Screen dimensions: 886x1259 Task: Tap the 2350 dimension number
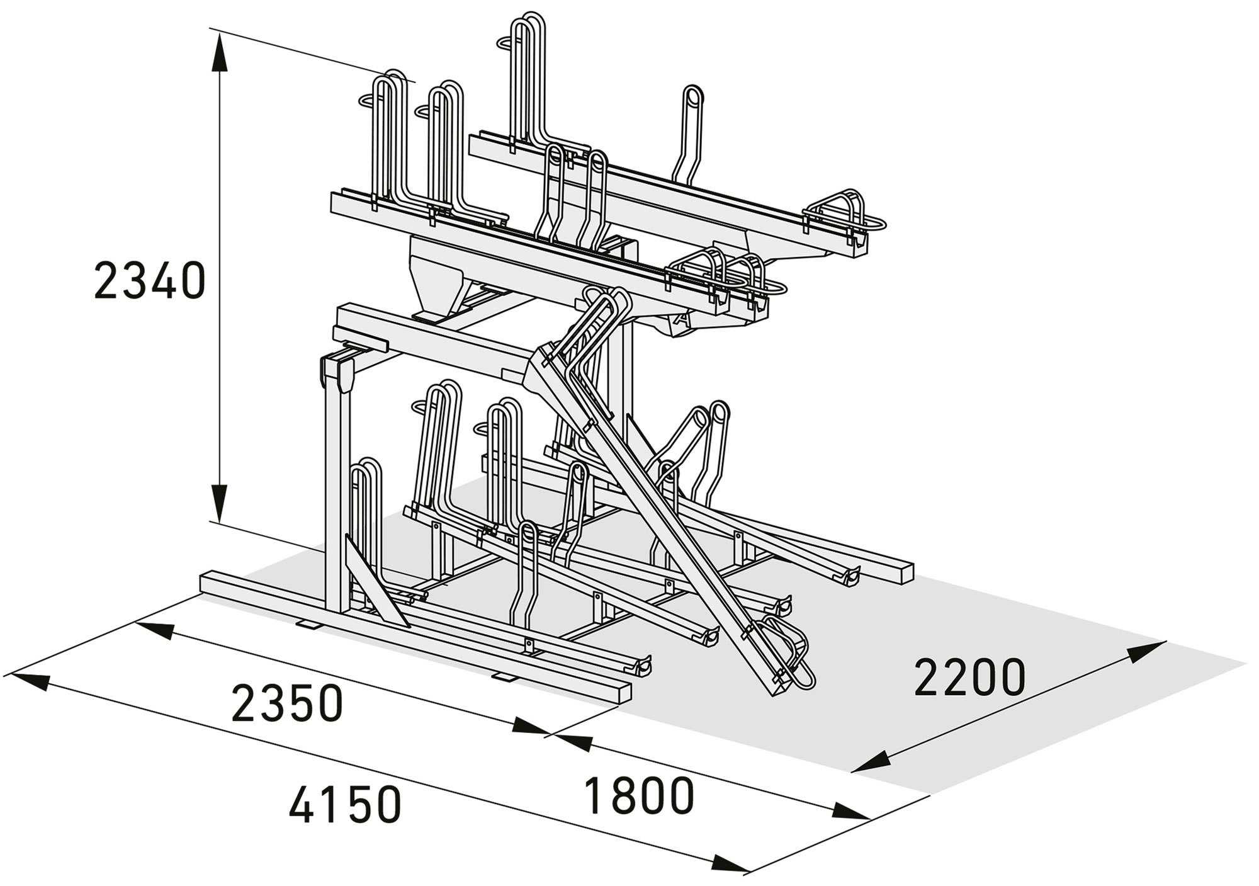point(287,703)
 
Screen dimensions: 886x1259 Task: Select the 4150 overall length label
point(345,803)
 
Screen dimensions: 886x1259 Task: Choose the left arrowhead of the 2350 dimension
point(154,630)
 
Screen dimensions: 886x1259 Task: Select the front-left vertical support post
point(337,491)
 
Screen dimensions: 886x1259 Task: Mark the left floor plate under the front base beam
point(308,623)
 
